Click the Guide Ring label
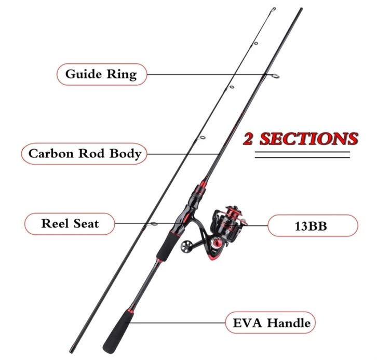pyautogui.click(x=101, y=74)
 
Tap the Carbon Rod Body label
pyautogui.click(x=85, y=154)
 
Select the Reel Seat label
pyautogui.click(x=70, y=224)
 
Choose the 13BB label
pyautogui.click(x=313, y=226)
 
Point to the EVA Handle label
pyautogui.click(x=270, y=323)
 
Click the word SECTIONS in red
pyautogui.click(x=308, y=139)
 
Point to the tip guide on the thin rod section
pyautogui.click(x=274, y=9)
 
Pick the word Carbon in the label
pyautogui.click(x=50, y=154)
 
